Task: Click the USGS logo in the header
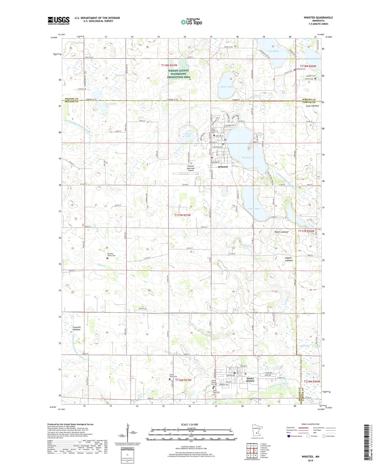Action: [58, 21]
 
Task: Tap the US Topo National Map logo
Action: [191, 22]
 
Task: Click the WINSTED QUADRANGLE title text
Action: [318, 18]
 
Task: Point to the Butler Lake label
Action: [226, 87]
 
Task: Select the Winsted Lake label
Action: [248, 157]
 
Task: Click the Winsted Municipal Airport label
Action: [191, 168]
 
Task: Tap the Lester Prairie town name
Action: [250, 380]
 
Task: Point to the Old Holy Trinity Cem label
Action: [111, 255]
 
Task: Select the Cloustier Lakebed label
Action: [76, 328]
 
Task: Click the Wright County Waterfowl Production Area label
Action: [179, 74]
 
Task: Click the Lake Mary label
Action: [273, 51]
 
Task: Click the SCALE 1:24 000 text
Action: [189, 424]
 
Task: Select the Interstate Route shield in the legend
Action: [289, 436]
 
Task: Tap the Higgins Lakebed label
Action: [287, 259]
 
